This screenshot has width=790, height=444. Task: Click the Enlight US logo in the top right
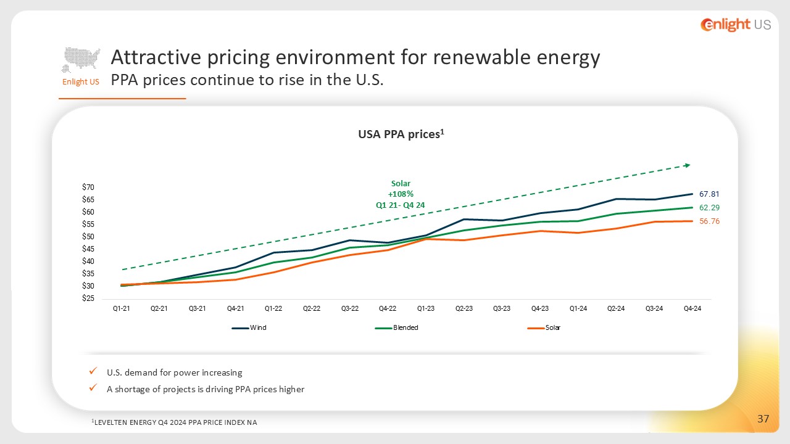click(x=736, y=25)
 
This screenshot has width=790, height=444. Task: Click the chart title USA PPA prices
click(x=401, y=134)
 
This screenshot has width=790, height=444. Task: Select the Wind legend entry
click(x=249, y=327)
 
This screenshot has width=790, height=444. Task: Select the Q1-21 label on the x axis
click(x=122, y=308)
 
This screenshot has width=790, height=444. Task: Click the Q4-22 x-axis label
click(x=388, y=308)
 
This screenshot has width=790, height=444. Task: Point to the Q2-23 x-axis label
click(x=464, y=308)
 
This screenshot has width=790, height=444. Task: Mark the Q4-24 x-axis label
click(x=692, y=308)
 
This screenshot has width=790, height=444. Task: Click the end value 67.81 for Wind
click(x=709, y=194)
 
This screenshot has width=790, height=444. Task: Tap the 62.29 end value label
click(x=709, y=208)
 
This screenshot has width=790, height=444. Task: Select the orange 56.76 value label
click(x=709, y=221)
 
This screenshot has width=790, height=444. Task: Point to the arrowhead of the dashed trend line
click(x=688, y=165)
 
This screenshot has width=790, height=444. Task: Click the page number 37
click(x=763, y=419)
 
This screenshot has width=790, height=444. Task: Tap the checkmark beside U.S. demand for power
click(x=93, y=371)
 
